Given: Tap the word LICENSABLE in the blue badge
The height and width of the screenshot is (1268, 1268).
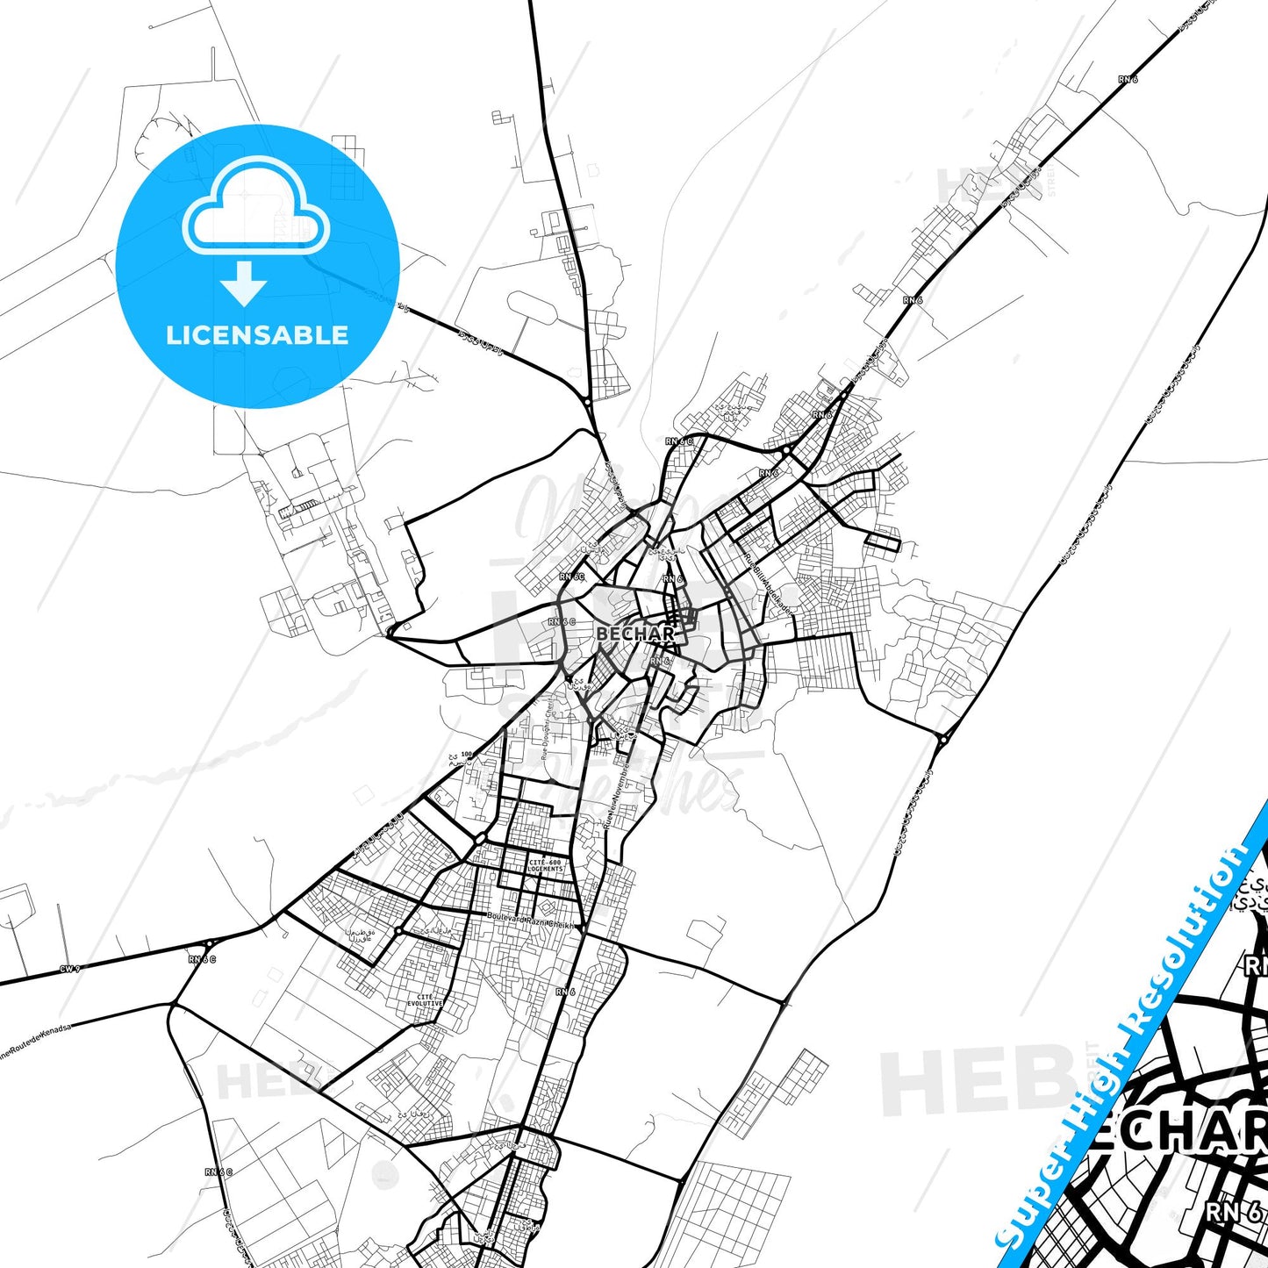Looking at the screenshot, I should tap(257, 335).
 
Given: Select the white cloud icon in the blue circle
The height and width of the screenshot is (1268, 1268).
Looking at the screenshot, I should tap(255, 206).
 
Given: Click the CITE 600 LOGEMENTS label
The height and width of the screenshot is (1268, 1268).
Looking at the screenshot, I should tap(545, 865).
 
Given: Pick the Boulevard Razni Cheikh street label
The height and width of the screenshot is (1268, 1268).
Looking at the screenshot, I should tap(530, 921).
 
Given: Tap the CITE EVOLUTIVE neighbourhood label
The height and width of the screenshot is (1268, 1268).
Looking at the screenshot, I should tap(425, 1000).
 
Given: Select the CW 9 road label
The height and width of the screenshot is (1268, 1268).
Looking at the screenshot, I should tap(69, 969).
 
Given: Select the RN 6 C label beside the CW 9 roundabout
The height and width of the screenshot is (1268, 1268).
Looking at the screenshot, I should tap(202, 959).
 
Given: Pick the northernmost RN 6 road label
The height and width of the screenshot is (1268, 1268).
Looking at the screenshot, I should tap(1128, 80).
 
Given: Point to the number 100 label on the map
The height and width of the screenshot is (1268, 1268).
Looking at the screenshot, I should tap(466, 754).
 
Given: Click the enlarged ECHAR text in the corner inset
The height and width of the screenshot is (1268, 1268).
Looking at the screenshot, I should tap(1176, 1132).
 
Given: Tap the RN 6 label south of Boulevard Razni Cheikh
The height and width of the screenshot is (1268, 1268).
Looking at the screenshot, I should tap(565, 992).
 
